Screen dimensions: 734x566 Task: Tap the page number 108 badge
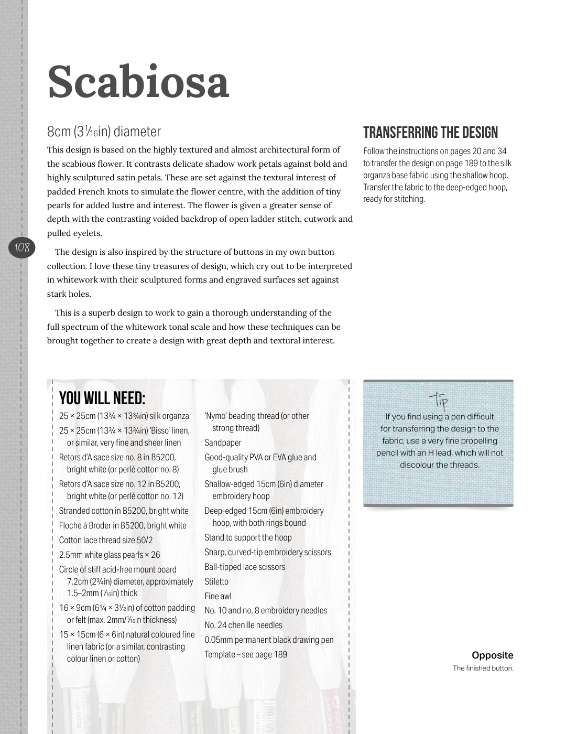pyautogui.click(x=22, y=247)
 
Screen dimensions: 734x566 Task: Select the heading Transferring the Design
pyautogui.click(x=430, y=133)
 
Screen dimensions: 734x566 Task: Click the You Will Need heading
pyautogui.click(x=102, y=398)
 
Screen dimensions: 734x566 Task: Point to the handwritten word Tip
pyautogui.click(x=439, y=401)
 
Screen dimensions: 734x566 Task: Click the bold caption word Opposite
pyautogui.click(x=492, y=655)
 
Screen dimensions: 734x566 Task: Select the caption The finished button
pyautogui.click(x=483, y=668)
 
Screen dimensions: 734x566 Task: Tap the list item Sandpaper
pyautogui.click(x=223, y=442)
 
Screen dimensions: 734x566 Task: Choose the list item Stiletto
pyautogui.click(x=216, y=581)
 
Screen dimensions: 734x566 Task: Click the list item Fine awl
pyautogui.click(x=218, y=596)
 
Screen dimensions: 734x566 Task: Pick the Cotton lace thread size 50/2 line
pyautogui.click(x=106, y=540)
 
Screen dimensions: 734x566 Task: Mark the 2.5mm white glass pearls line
pyautogui.click(x=110, y=555)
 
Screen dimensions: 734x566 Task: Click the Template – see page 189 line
pyautogui.click(x=246, y=654)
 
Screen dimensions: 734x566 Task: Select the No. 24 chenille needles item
pyautogui.click(x=243, y=625)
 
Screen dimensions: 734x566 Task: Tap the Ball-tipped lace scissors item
pyautogui.click(x=245, y=567)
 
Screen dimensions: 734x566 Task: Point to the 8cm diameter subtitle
pyautogui.click(x=104, y=131)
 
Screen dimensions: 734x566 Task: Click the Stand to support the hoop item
pyautogui.click(x=248, y=537)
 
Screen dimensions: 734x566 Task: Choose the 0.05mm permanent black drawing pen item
pyautogui.click(x=269, y=640)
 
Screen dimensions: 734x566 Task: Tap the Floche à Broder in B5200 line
pyautogui.click(x=123, y=525)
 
